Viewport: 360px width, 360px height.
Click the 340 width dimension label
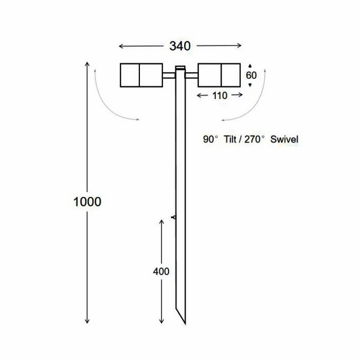pos(180,45)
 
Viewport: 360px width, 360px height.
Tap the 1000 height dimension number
pos(87,202)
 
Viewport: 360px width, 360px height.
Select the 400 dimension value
pos(161,271)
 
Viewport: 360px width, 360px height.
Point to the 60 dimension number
pos(251,75)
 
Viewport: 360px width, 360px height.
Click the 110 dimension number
pos(220,95)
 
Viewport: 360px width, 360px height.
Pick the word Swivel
pos(284,140)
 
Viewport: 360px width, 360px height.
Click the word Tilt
pos(232,140)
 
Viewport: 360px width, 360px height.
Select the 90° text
pos(211,140)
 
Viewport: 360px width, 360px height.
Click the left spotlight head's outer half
pos(130,75)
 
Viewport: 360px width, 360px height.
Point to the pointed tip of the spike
pos(185,323)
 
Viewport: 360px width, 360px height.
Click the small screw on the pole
pos(173,218)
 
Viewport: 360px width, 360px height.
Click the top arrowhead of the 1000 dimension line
pos(87,62)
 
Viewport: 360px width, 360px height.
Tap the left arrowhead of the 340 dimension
pos(120,45)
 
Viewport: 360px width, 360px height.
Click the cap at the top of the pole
pos(180,68)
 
